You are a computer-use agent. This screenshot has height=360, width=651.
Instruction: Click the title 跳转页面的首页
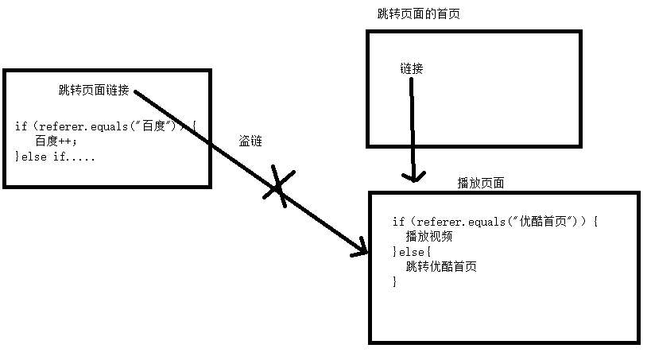[418, 14]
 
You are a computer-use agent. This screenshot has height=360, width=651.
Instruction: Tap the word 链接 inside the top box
[411, 69]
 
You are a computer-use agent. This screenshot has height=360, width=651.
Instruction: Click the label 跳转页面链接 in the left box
[93, 90]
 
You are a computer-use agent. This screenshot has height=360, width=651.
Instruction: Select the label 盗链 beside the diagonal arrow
[250, 140]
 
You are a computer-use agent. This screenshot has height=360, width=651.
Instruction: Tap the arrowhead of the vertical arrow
[411, 176]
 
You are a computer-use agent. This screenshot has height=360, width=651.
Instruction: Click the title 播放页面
[480, 183]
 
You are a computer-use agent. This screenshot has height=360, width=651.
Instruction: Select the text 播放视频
[428, 236]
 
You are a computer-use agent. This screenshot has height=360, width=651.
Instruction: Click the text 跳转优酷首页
[441, 266]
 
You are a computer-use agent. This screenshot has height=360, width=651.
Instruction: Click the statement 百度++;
[57, 141]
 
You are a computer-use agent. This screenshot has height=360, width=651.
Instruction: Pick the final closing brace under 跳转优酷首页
[394, 281]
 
